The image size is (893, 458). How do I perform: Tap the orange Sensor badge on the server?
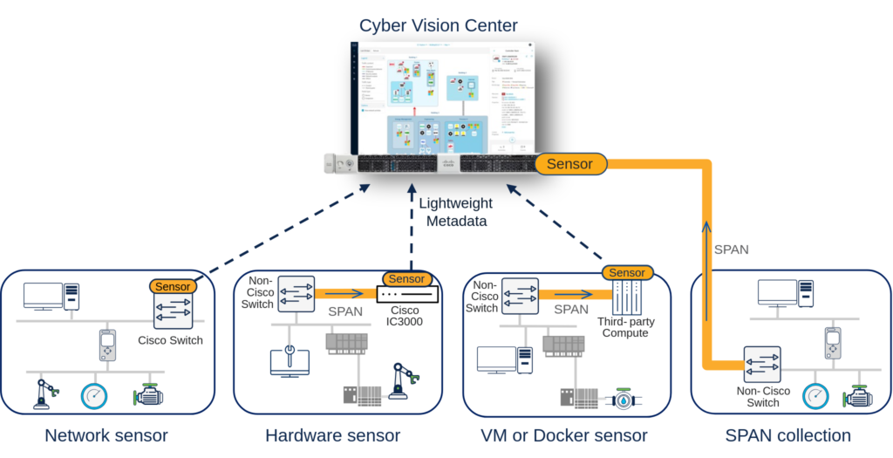point(569,163)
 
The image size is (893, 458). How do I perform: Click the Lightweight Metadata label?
point(455,211)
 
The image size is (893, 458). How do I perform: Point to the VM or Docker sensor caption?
point(566,434)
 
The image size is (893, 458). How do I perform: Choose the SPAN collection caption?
point(788,434)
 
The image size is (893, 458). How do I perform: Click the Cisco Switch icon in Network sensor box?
point(171,311)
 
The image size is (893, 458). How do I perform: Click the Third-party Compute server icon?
point(627,298)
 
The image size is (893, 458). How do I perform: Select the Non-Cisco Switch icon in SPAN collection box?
point(760,365)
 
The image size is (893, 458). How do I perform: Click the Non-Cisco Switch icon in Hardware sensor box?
point(295,294)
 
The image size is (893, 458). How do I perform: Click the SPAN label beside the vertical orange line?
point(732,250)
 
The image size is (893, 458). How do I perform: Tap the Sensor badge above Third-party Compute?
point(627,272)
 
